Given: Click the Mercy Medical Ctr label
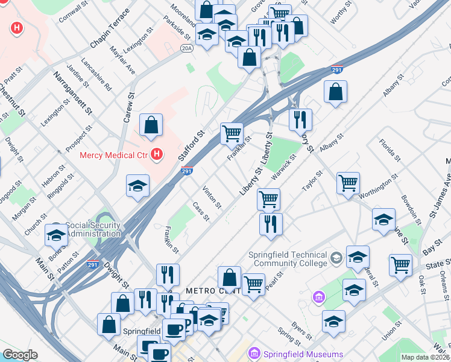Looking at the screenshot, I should tap(115, 155).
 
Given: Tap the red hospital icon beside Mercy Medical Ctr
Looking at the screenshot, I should tap(157, 155).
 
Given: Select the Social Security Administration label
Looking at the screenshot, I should tap(93, 229).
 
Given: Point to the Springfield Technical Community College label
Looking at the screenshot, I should tap(291, 259).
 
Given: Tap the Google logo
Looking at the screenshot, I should tap(20, 355).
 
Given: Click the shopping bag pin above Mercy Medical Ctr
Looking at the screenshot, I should tap(151, 125).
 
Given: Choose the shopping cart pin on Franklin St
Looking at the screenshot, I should tap(232, 134).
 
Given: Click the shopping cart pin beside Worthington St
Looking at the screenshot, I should tap(348, 182).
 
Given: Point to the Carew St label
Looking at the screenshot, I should tap(128, 109).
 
